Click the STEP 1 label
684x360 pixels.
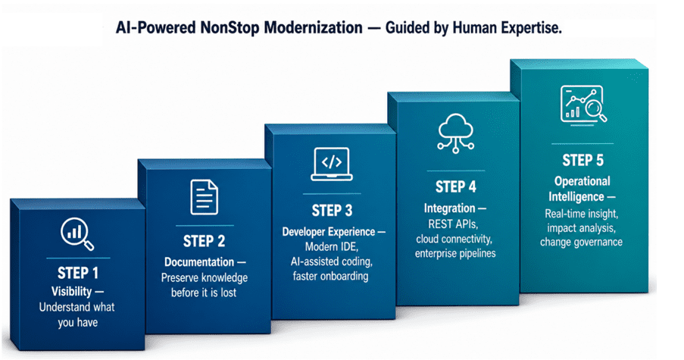click(x=78, y=273)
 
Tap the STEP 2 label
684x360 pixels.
click(x=204, y=241)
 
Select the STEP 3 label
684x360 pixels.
click(x=332, y=211)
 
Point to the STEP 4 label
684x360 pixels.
click(x=455, y=186)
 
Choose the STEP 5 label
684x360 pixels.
click(x=582, y=160)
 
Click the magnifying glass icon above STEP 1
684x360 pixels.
click(x=77, y=234)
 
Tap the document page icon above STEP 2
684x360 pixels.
click(x=205, y=197)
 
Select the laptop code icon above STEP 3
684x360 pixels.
click(x=332, y=164)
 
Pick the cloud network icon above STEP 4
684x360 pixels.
click(x=456, y=133)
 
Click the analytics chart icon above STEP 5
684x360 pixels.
click(x=583, y=105)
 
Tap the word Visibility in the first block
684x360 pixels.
click(x=71, y=291)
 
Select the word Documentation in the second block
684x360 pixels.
click(x=199, y=261)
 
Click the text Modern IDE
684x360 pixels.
click(x=332, y=246)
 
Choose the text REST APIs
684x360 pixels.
click(x=453, y=224)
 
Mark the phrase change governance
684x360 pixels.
click(x=581, y=243)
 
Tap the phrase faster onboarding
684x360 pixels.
click(x=330, y=276)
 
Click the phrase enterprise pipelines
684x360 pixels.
click(x=455, y=254)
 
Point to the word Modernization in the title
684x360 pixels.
click(x=313, y=27)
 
